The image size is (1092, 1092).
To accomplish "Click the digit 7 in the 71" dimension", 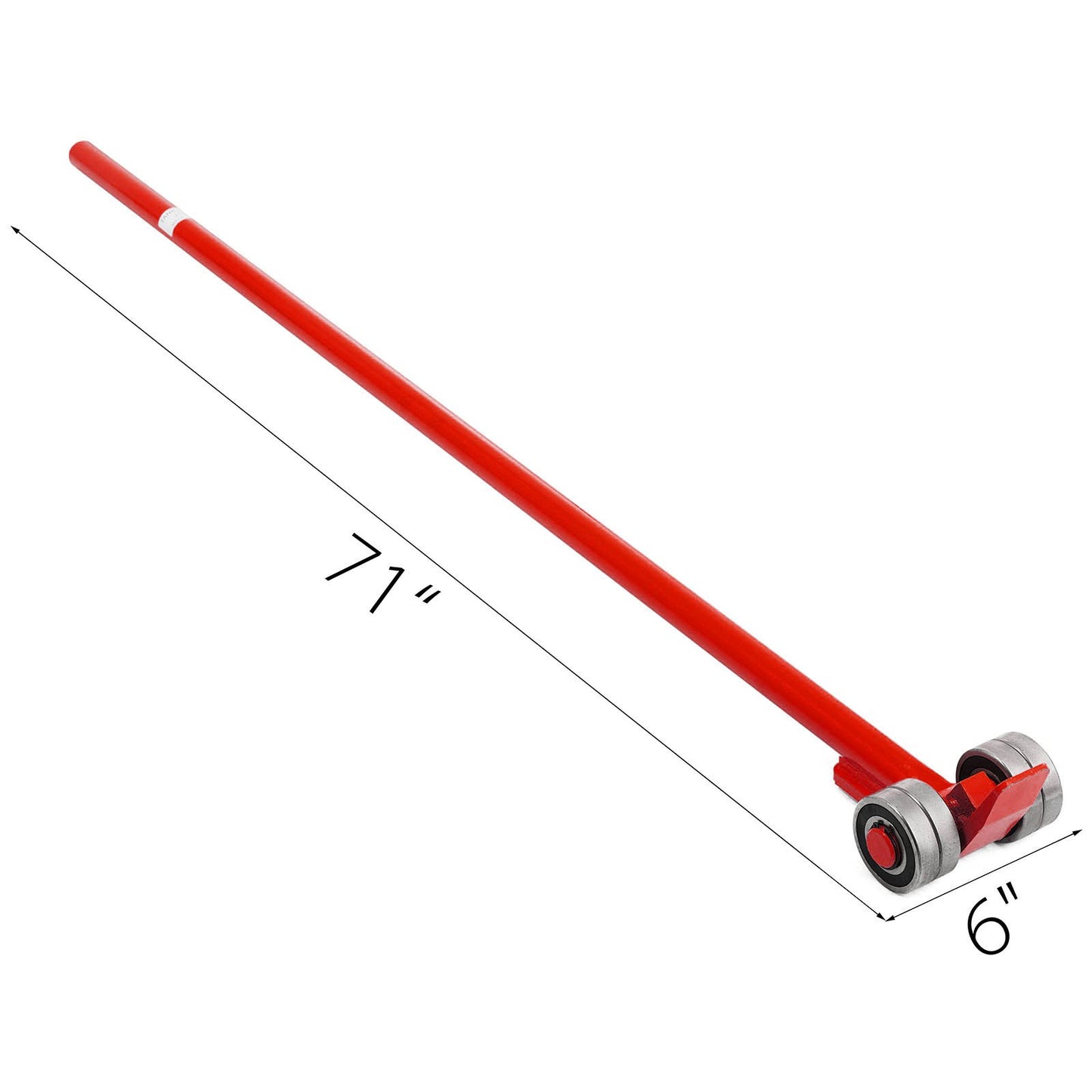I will (x=354, y=558).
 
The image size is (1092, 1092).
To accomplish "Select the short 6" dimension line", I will (x=982, y=875).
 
